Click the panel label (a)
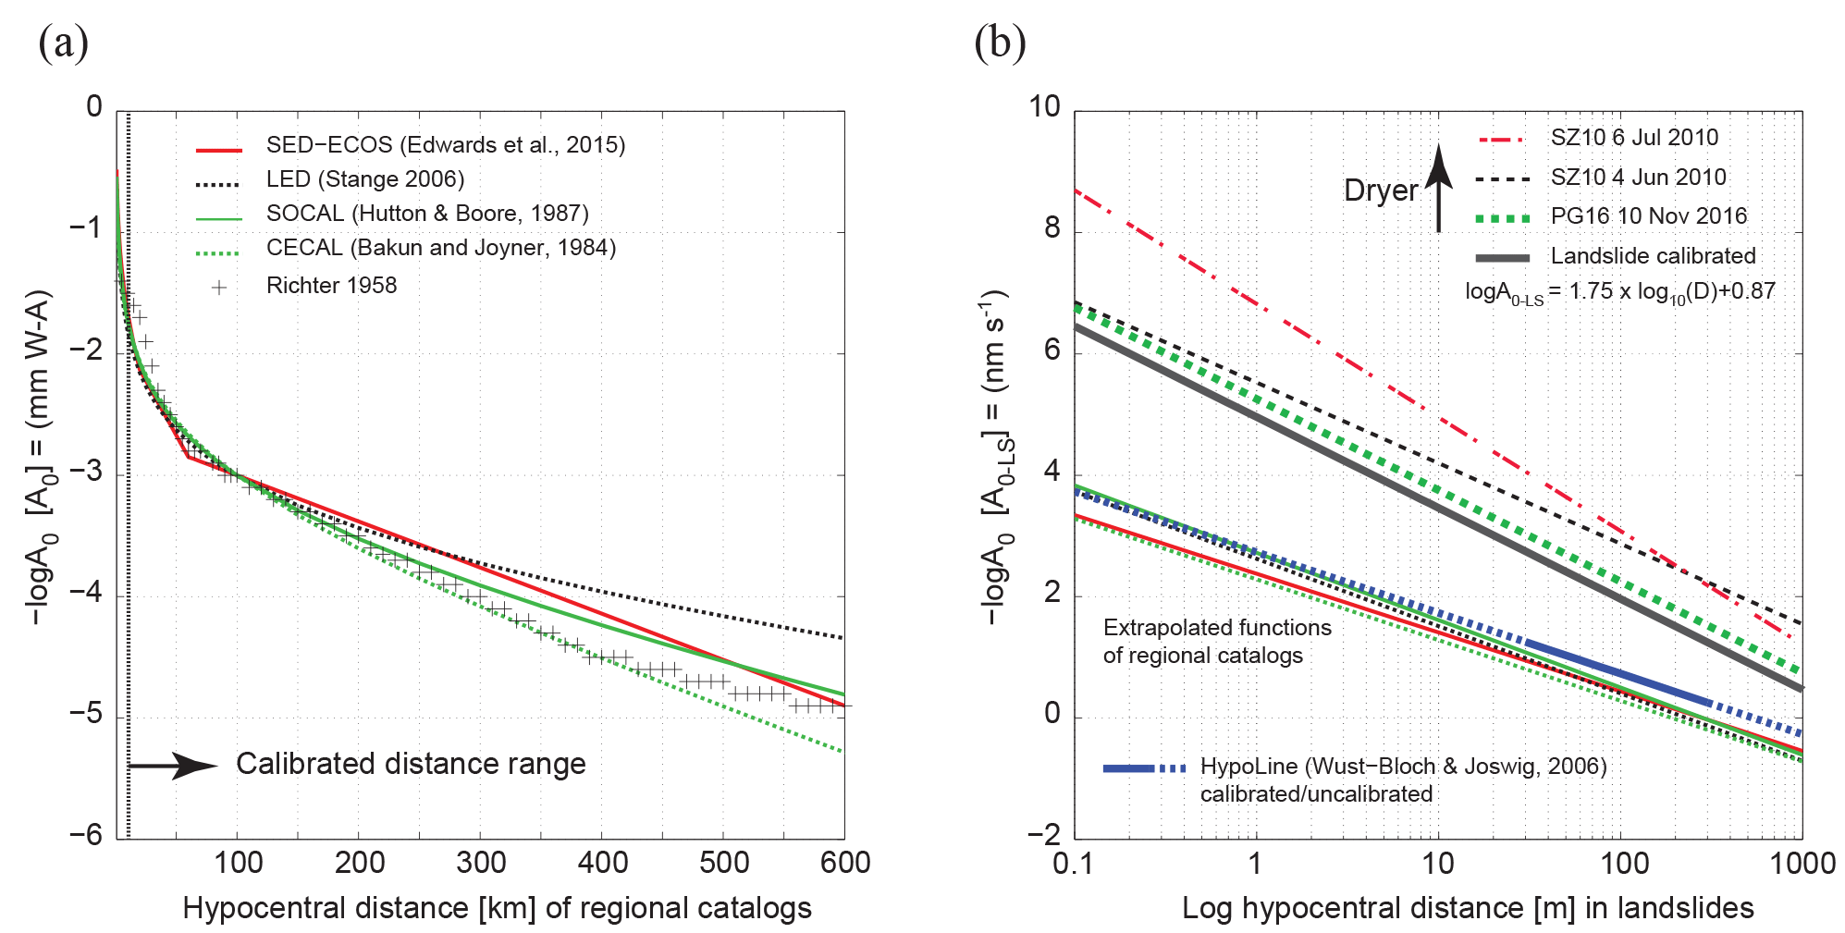(63, 43)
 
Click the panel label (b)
(1000, 43)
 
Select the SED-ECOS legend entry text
(445, 145)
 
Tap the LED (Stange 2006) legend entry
(364, 179)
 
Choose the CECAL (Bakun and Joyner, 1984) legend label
(440, 248)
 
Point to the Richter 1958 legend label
(331, 286)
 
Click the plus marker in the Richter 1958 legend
(219, 288)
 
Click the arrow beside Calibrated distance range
(173, 766)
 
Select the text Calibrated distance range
(411, 765)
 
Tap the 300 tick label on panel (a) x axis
(481, 864)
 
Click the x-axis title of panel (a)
(497, 909)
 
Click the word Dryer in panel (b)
(1380, 190)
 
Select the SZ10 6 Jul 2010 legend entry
(1633, 138)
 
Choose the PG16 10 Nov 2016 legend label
(1648, 216)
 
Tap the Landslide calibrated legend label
(1653, 256)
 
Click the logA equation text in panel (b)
(1619, 292)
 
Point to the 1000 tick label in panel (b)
(1802, 864)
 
